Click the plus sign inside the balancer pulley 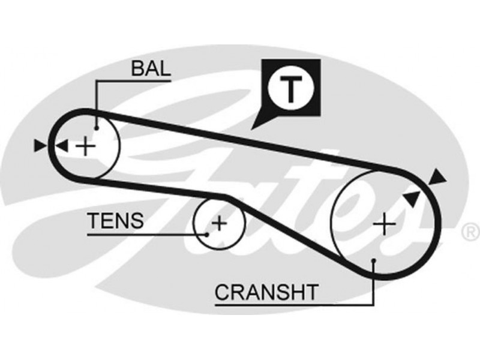click(88, 145)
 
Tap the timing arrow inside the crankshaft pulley click(412, 198)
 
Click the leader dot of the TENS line click(206, 234)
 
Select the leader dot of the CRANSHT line click(374, 260)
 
